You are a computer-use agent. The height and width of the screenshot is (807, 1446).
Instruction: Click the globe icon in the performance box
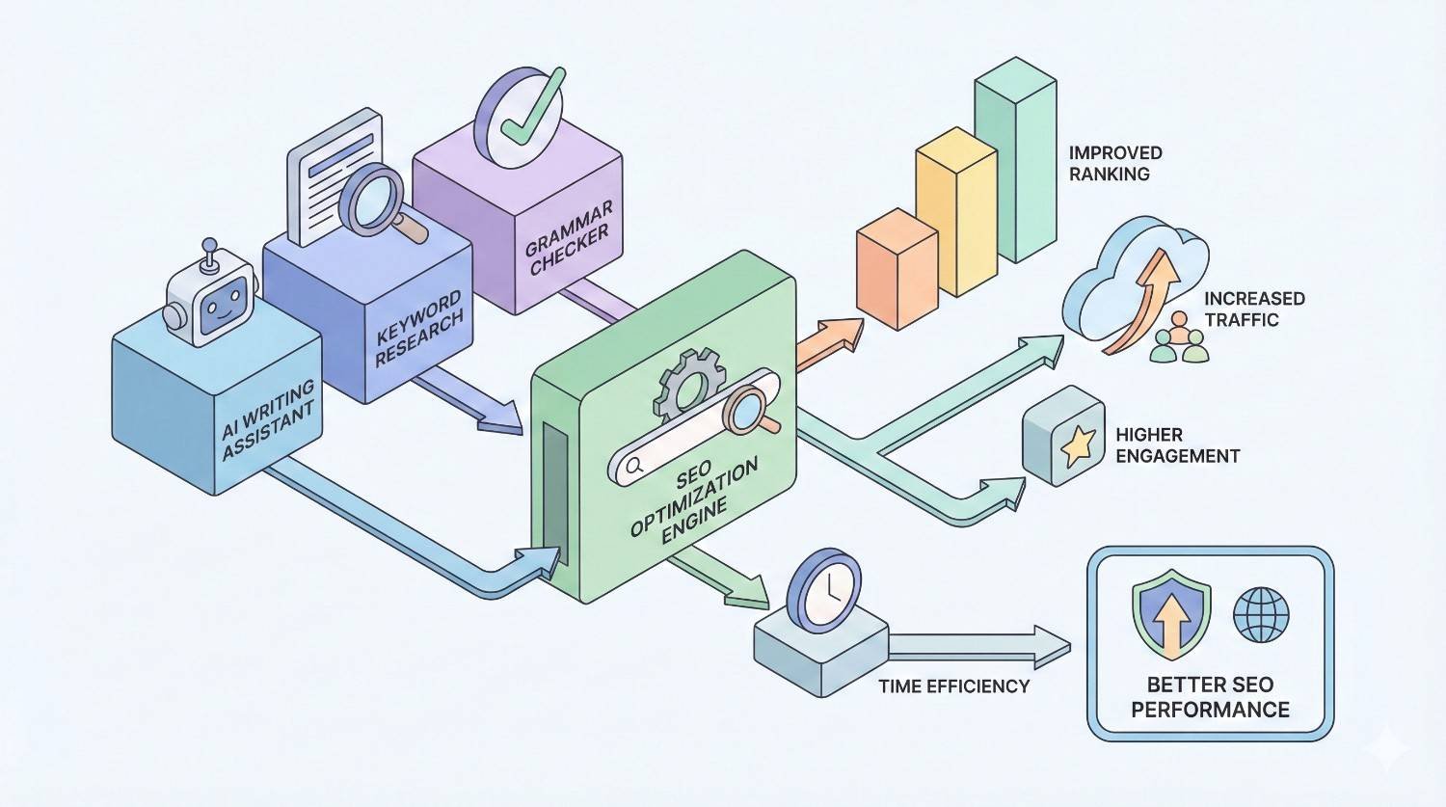point(1261,613)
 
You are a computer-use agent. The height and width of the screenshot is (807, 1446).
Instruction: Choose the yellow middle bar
point(954,217)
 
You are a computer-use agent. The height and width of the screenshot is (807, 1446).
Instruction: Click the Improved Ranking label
point(1115,164)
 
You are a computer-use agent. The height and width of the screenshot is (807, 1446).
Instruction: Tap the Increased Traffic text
point(1253,309)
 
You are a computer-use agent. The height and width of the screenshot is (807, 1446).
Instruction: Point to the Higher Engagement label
point(1177,445)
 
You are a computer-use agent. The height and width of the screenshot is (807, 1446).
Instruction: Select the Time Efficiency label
point(953,686)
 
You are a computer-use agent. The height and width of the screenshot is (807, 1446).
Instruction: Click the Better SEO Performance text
point(1210,697)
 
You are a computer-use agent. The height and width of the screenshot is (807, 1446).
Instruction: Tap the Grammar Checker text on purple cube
point(569,237)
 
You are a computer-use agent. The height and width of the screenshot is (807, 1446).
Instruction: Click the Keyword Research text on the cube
point(418,328)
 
